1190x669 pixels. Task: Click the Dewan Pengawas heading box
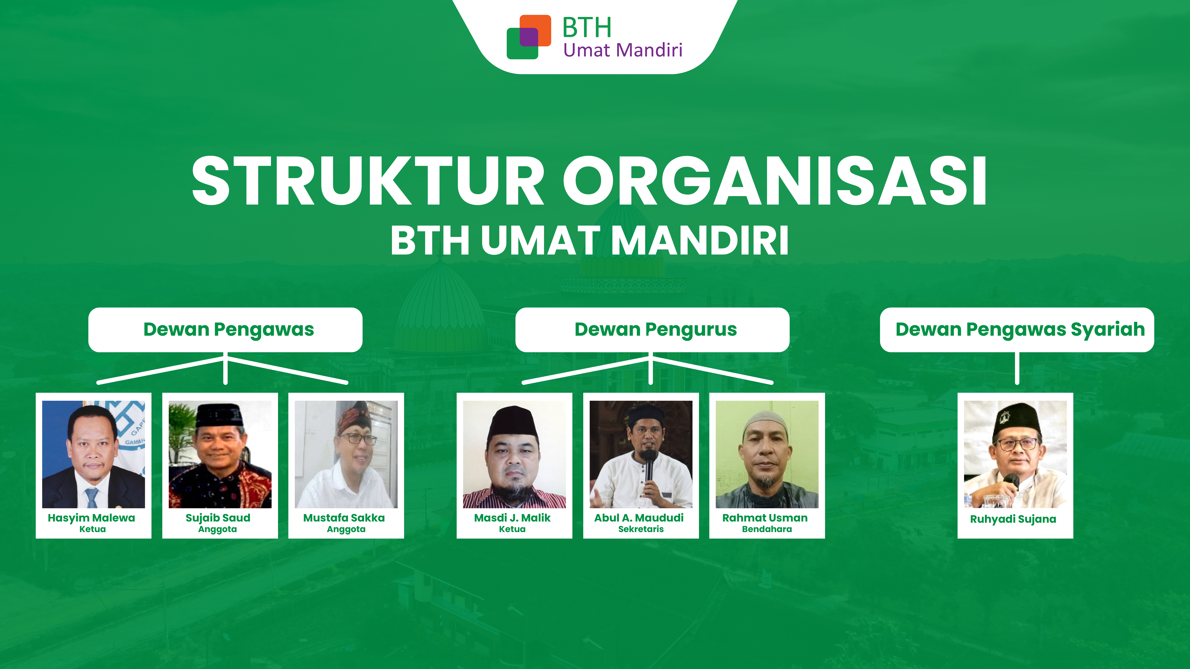point(226,330)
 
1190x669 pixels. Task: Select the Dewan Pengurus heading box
point(652,330)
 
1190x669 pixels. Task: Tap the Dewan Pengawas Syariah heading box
point(1017,330)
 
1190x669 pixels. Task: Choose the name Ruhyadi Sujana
point(1013,519)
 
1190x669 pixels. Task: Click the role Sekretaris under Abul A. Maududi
point(641,529)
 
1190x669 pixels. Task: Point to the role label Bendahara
point(767,529)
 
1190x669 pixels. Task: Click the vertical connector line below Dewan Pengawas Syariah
point(1017,368)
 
